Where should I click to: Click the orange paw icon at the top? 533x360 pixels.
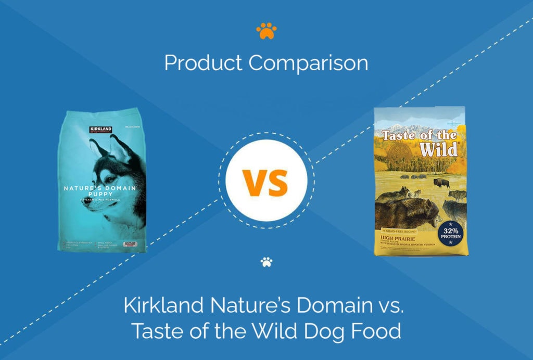(x=266, y=32)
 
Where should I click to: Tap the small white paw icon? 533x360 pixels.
(x=266, y=262)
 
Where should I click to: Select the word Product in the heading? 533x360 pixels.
(x=203, y=63)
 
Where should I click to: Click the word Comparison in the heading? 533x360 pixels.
(x=308, y=63)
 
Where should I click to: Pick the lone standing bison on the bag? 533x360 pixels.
(x=441, y=183)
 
